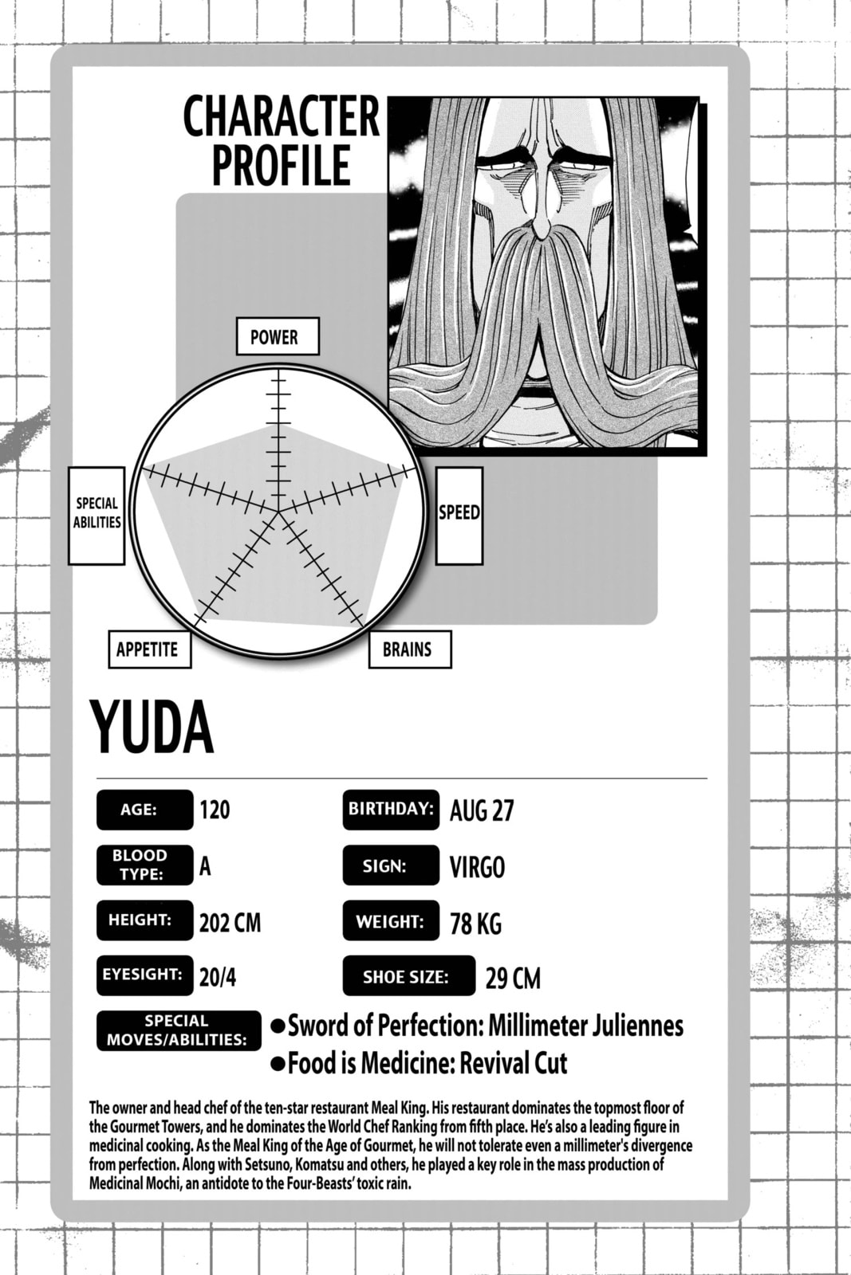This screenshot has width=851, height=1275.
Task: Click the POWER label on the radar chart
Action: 278,336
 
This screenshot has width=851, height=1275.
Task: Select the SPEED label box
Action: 459,516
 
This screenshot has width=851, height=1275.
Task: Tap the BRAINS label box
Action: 410,649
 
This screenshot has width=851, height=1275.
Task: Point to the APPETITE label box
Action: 150,649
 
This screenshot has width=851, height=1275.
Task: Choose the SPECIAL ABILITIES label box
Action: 97,516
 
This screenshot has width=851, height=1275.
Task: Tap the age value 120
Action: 215,810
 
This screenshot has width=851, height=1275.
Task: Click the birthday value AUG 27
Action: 481,810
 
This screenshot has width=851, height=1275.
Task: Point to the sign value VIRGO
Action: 477,867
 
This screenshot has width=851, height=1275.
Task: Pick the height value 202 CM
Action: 230,924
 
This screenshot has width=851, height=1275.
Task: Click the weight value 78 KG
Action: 475,924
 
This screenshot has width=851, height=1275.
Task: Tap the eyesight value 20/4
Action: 218,977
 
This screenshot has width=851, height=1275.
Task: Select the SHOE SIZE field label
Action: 409,976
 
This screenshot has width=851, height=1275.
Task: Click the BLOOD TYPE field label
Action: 144,865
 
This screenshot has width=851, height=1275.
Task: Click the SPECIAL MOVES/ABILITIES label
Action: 179,1030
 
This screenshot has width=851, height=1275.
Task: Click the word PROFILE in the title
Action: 280,164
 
